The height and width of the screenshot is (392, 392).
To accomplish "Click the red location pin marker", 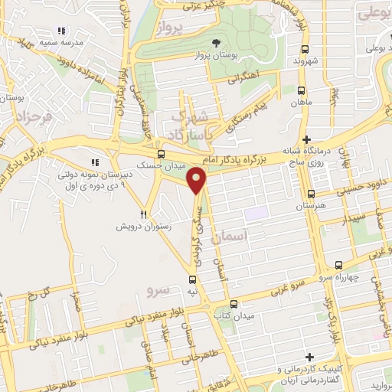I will pyautogui.click(x=198, y=181).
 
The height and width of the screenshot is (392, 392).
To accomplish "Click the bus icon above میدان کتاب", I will pyautogui.click(x=234, y=302).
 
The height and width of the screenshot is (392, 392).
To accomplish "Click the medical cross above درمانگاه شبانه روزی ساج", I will pyautogui.click(x=307, y=140).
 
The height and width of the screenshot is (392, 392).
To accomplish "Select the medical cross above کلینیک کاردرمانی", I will pyautogui.click(x=309, y=357).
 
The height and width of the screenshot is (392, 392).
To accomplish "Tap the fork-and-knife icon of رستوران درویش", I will pyautogui.click(x=143, y=215).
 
